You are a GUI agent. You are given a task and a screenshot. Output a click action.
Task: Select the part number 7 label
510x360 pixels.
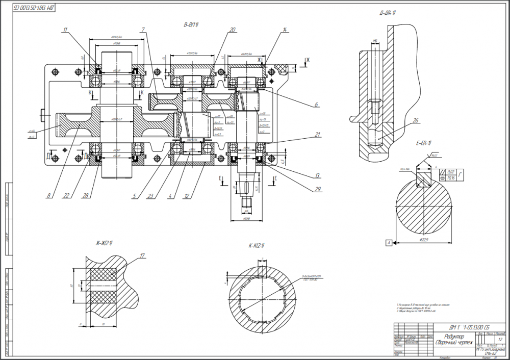tap(144, 29)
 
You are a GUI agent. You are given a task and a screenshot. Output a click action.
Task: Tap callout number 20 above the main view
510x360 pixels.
tap(233, 30)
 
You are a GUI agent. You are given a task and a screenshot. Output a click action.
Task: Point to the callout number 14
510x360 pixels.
tap(284, 31)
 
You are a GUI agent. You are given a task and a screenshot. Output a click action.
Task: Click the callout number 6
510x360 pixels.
tap(316, 105)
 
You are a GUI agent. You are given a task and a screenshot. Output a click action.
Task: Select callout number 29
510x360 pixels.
tap(317, 189)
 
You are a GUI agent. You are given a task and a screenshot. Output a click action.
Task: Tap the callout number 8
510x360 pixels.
tap(48, 194)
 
